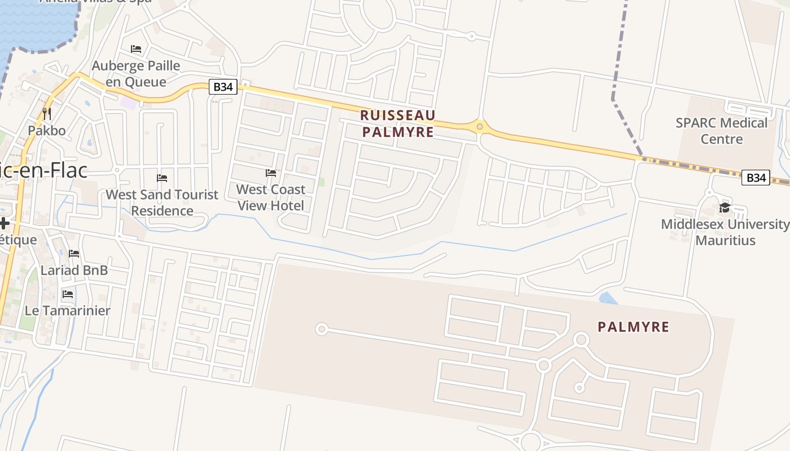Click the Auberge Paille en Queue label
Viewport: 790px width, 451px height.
(x=136, y=74)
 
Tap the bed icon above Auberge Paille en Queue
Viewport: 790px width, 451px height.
(x=136, y=49)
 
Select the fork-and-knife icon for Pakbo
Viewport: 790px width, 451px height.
(x=47, y=114)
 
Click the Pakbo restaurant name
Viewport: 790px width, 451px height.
(x=47, y=131)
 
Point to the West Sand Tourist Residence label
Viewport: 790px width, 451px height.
(x=162, y=202)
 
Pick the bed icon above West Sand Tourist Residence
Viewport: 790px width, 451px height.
(x=162, y=178)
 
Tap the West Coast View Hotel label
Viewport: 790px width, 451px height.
(x=271, y=197)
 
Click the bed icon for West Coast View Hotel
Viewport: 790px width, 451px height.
(x=271, y=173)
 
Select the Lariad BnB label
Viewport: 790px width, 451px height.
(x=74, y=270)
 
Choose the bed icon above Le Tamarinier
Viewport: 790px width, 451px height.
(x=68, y=294)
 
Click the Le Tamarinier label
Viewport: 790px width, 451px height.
(x=68, y=310)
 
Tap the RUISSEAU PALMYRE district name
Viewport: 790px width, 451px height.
(x=398, y=123)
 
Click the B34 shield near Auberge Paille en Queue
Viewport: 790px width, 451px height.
(x=223, y=87)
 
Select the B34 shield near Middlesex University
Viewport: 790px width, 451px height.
(x=755, y=178)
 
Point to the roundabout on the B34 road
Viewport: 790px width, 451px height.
(x=480, y=126)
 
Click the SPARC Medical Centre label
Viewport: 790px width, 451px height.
(x=722, y=131)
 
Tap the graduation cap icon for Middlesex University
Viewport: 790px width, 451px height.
(x=725, y=208)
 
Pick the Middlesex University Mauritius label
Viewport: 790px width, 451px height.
(x=725, y=232)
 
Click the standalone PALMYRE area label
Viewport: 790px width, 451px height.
(x=633, y=327)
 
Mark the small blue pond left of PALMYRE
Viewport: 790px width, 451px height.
(x=608, y=298)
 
